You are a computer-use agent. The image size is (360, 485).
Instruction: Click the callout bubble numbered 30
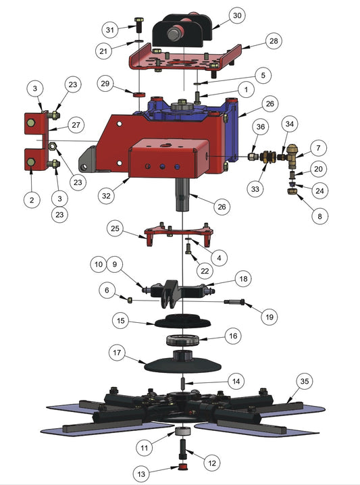coord(237,15)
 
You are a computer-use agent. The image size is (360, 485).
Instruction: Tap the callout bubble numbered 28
coord(274,41)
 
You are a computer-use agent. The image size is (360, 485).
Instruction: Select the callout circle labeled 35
coord(305,381)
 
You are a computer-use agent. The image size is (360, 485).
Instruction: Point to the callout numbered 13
coord(141,474)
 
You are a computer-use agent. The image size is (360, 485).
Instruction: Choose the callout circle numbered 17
coord(117,353)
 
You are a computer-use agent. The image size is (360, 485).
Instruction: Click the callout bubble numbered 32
coord(106,195)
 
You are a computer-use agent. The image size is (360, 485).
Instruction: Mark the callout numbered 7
coord(318,148)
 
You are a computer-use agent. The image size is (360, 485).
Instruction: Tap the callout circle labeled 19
coord(269,317)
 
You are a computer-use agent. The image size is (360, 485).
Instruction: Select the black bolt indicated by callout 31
coord(138,26)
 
